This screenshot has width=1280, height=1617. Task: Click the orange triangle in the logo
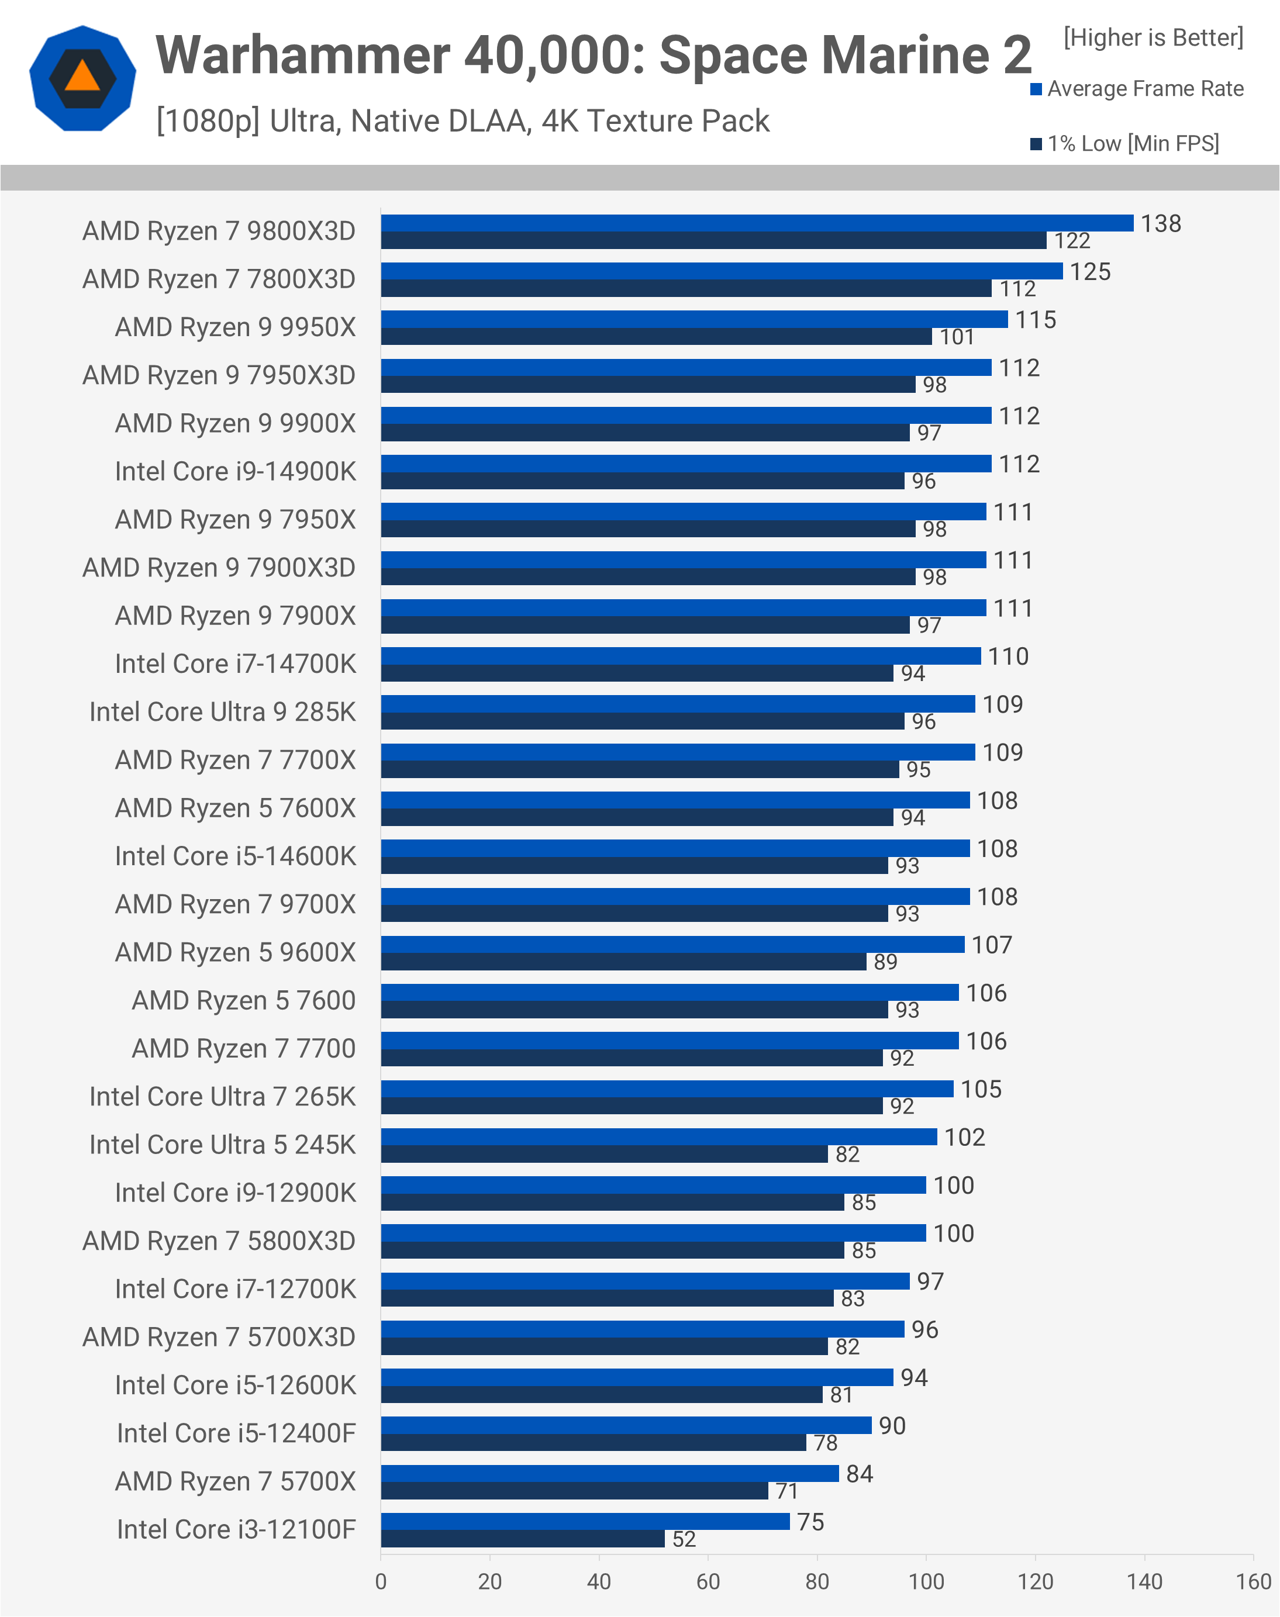tap(82, 77)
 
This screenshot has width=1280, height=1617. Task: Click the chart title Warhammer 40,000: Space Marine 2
tap(593, 56)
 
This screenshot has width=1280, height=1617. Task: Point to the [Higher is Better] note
tap(1153, 37)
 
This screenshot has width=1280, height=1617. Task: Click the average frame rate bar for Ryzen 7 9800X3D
tap(756, 223)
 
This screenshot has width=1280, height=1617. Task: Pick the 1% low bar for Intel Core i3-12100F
tap(522, 1538)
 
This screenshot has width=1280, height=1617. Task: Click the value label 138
tap(1160, 223)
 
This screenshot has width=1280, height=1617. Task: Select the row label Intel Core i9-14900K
tap(235, 471)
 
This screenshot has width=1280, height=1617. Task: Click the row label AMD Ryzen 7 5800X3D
tap(219, 1241)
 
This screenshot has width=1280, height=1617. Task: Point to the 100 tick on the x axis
tap(926, 1582)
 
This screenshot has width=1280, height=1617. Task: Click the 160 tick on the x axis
tap(1253, 1582)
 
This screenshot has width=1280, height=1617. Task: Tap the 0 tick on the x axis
tap(381, 1582)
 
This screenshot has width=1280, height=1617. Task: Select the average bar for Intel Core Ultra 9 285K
tap(678, 704)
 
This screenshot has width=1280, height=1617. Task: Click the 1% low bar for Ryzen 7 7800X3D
tap(686, 288)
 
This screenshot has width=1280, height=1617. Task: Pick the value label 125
tap(1089, 271)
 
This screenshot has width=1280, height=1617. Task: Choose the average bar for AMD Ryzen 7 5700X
tap(609, 1473)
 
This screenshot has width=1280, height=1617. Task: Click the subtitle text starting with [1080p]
tap(463, 120)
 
